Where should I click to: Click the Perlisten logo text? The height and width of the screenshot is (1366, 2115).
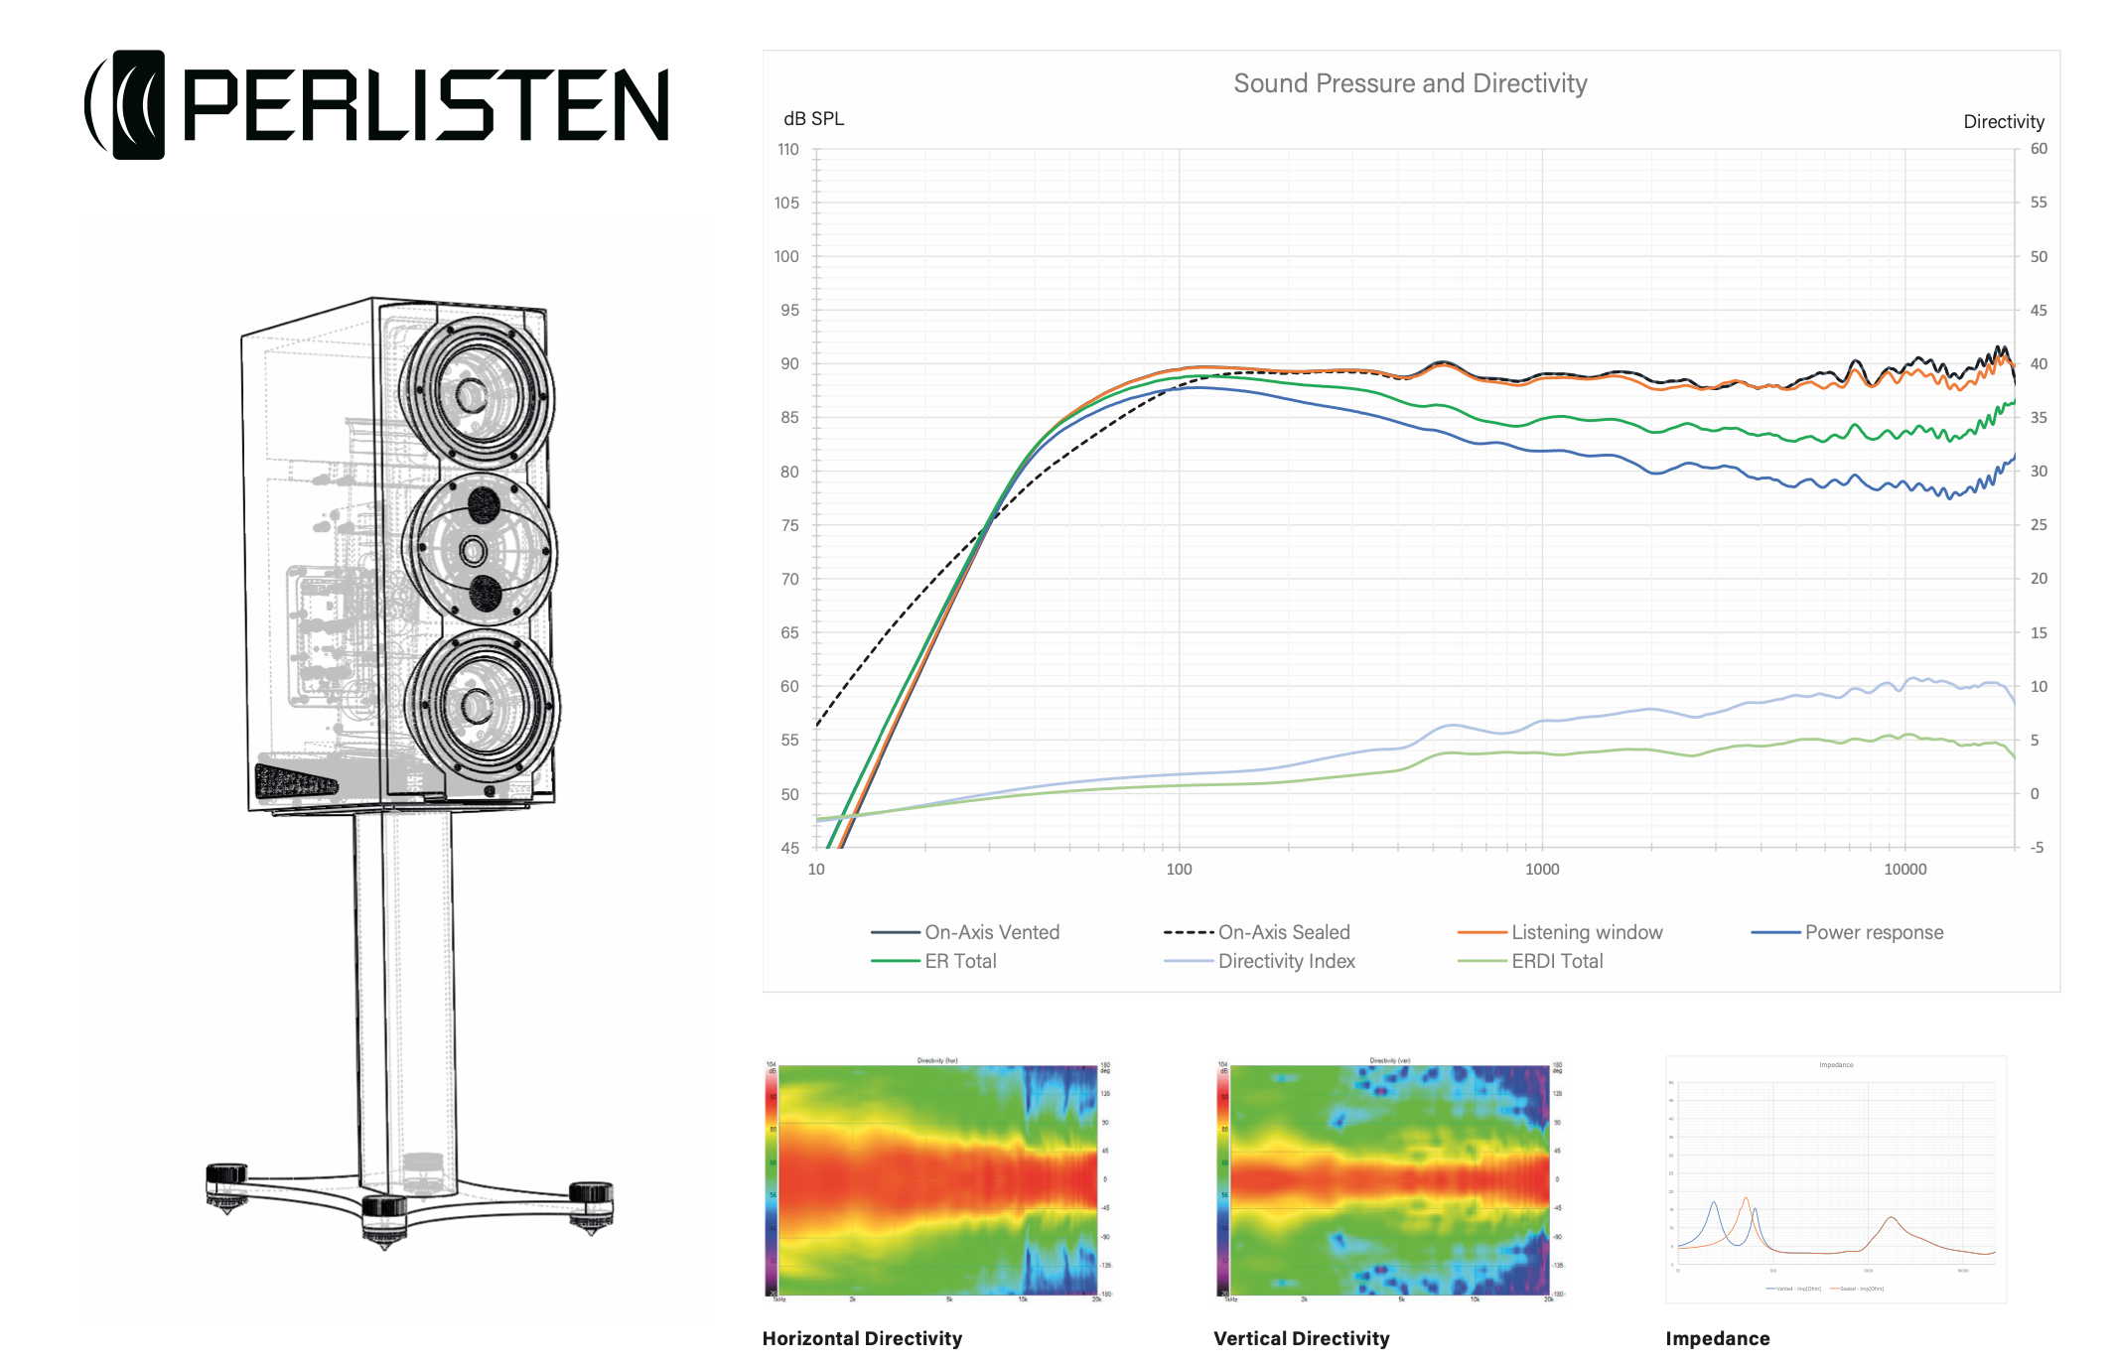[425, 105]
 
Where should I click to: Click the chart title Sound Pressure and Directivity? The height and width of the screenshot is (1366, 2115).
[1410, 83]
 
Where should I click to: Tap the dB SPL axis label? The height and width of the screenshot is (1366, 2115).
[813, 119]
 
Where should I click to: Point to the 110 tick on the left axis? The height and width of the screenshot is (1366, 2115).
[787, 150]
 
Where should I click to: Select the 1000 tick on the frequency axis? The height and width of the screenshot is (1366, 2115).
[1541, 870]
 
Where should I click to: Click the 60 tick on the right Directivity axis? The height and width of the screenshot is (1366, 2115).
[2039, 149]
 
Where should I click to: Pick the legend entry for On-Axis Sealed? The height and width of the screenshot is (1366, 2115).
[1283, 932]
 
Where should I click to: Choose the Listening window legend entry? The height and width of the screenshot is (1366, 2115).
[1586, 932]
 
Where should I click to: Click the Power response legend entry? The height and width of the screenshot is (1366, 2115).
[1874, 932]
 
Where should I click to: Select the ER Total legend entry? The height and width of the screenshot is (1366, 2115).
[959, 961]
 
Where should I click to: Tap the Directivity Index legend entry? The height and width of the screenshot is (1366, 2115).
[1286, 961]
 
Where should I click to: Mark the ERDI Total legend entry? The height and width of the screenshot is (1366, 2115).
[1557, 961]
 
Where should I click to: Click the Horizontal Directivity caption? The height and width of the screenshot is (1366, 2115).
[862, 1338]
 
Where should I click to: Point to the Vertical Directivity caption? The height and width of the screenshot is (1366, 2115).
[1301, 1338]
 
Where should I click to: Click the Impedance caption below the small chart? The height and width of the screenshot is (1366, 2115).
[1717, 1338]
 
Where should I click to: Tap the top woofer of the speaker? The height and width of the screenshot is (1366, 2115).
[474, 395]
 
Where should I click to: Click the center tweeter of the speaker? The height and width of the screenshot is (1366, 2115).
[474, 550]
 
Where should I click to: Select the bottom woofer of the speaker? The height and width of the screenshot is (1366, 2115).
[478, 706]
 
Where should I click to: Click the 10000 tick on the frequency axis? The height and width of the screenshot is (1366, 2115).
[1904, 870]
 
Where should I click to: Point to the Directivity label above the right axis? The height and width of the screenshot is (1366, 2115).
[2003, 122]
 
